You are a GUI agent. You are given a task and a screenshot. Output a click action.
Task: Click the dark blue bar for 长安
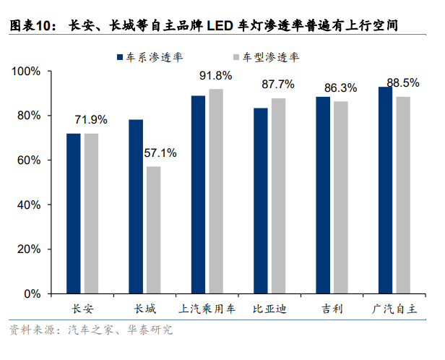click(74, 213)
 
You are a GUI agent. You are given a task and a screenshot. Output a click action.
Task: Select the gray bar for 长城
click(153, 230)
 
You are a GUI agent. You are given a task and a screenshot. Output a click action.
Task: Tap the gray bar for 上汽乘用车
click(215, 191)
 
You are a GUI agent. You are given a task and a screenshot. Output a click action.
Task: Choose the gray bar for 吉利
click(340, 197)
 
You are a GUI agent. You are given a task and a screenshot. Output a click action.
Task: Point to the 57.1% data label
click(160, 153)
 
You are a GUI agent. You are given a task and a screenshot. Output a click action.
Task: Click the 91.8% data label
click(216, 76)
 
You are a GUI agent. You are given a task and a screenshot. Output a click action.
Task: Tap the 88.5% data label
click(403, 83)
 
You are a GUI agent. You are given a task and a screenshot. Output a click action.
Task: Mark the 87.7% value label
click(278, 85)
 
